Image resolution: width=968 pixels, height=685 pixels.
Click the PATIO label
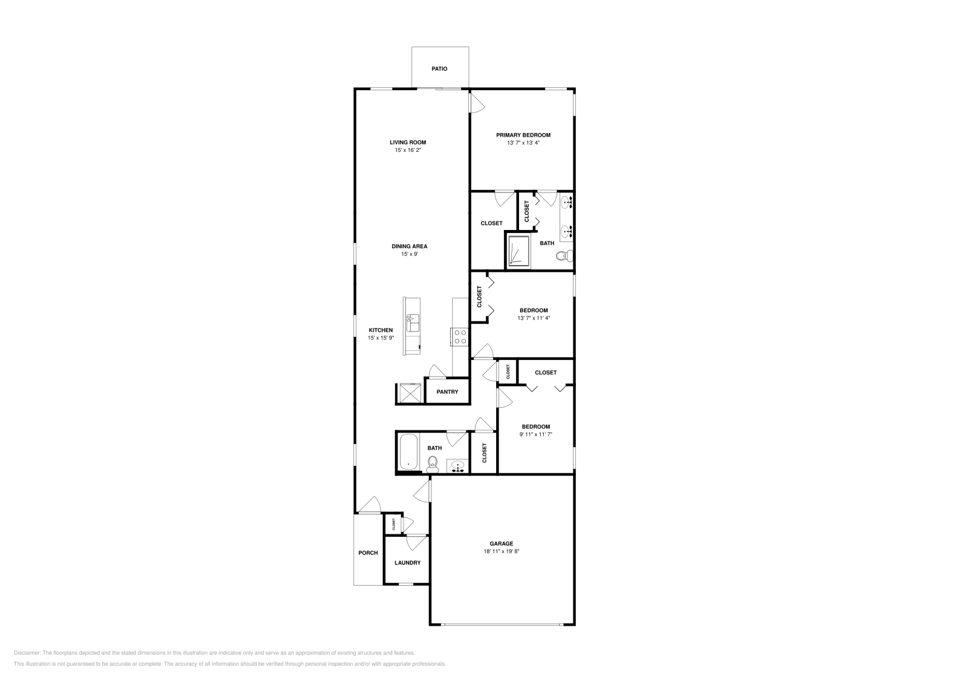439,69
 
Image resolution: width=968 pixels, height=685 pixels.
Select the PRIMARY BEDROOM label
523,135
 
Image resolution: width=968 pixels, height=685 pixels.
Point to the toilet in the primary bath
563,256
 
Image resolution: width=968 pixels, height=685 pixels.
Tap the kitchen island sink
414,322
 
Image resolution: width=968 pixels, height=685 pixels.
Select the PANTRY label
447,392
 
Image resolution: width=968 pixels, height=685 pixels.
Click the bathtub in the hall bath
408,453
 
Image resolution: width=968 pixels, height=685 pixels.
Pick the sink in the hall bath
458,466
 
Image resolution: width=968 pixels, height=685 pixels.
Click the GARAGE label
502,543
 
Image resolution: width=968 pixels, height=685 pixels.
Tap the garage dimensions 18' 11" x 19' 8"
502,552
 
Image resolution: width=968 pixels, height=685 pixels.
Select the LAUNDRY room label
407,563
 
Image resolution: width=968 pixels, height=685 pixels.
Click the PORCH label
368,553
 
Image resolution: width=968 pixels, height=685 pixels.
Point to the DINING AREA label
410,246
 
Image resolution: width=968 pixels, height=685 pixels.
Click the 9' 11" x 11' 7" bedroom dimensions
536,434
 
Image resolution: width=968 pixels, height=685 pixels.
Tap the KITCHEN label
381,330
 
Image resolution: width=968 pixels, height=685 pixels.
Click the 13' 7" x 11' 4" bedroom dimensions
534,318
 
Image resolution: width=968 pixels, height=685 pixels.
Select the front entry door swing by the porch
368,505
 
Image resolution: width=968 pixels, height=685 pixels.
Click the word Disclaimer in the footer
27,653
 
